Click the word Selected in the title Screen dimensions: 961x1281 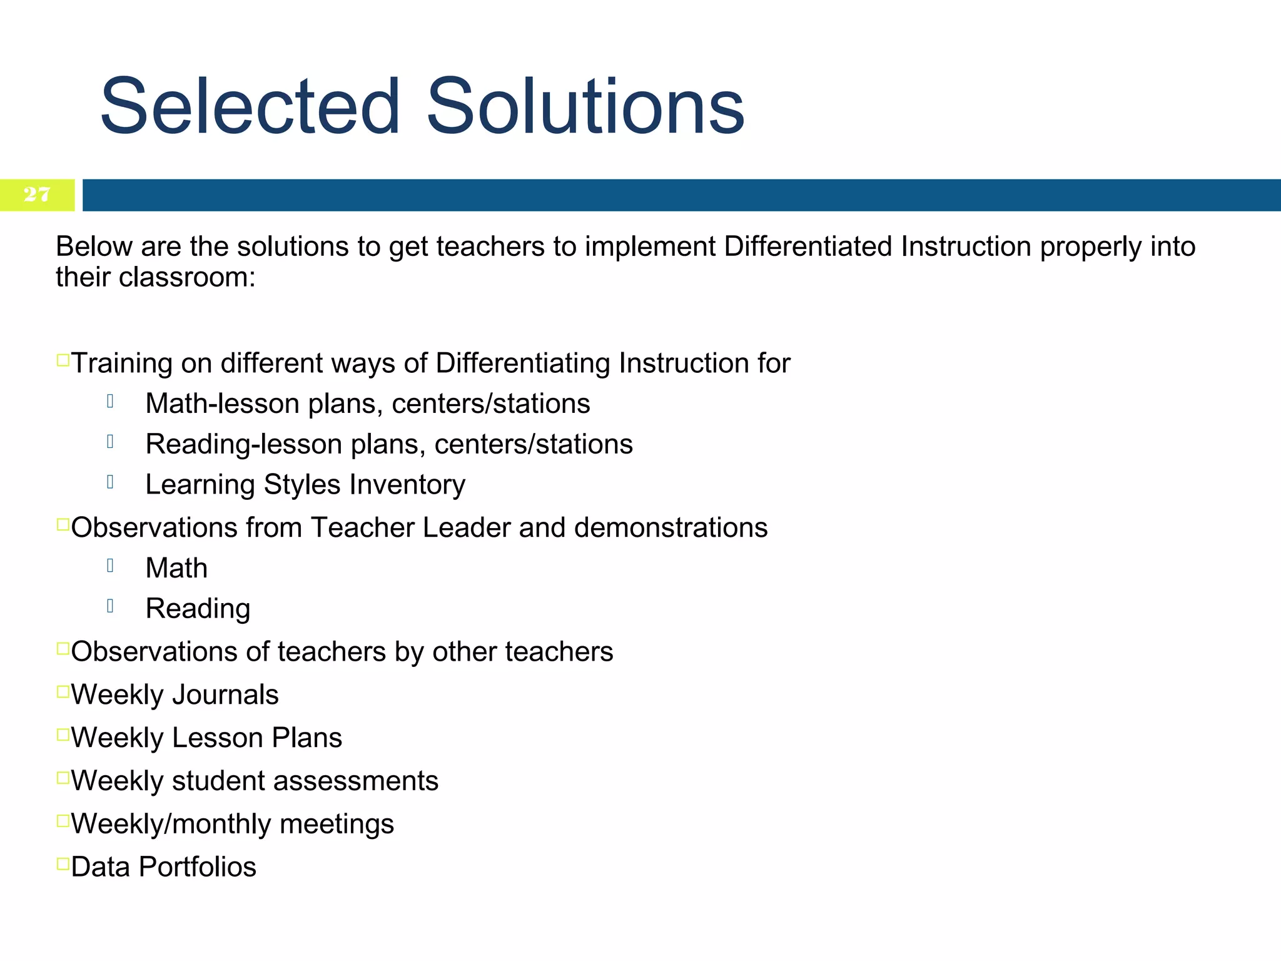click(x=250, y=106)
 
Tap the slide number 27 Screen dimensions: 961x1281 click(x=37, y=195)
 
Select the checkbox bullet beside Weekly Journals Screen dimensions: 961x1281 click(x=63, y=691)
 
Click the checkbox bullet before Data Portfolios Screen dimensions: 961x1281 click(x=63, y=863)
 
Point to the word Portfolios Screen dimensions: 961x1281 click(x=198, y=867)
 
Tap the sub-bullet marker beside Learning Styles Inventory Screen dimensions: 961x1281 click(x=110, y=482)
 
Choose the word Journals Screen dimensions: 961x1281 click(x=225, y=695)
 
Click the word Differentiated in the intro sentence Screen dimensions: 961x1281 click(x=808, y=247)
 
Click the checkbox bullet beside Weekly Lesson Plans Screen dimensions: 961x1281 click(x=63, y=735)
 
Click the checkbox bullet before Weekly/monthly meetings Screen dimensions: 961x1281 click(x=63, y=821)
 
